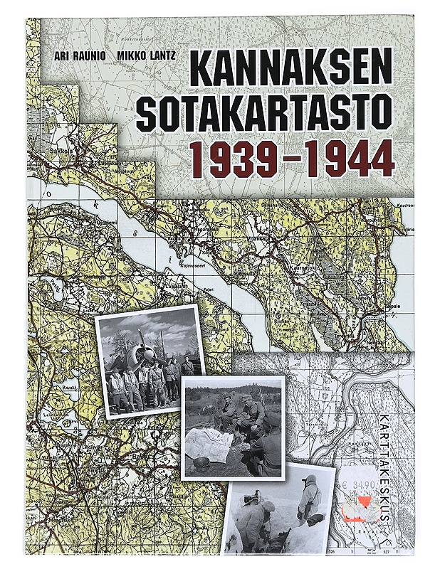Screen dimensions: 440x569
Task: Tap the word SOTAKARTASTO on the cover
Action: (264, 114)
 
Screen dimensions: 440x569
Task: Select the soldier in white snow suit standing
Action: (310, 498)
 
